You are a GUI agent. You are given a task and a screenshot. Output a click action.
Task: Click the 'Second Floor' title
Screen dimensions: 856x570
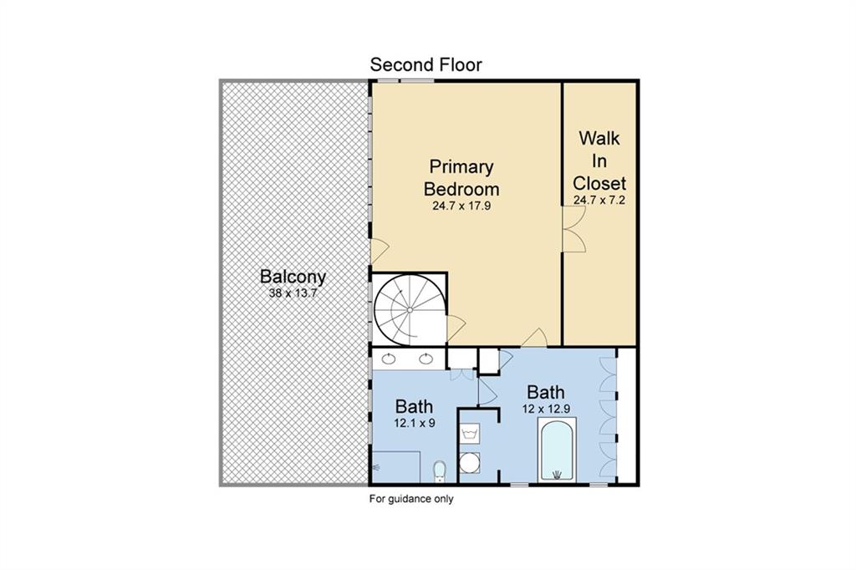point(425,65)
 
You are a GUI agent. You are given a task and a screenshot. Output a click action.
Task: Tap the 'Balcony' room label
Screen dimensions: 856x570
point(293,277)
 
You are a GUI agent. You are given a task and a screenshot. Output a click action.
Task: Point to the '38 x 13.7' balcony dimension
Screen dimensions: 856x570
point(293,293)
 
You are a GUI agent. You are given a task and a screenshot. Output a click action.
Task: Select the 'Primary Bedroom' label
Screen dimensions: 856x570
point(461,177)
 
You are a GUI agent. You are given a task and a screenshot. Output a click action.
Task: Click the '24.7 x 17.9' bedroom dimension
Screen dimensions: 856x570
point(461,206)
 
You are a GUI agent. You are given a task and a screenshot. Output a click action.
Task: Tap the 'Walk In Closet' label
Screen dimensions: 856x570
point(599,160)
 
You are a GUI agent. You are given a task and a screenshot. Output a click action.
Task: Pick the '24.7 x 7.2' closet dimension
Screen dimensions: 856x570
point(599,200)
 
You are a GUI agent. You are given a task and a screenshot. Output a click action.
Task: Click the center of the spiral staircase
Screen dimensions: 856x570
point(410,310)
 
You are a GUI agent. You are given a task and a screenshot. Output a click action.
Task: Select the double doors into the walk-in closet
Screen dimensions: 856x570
point(573,229)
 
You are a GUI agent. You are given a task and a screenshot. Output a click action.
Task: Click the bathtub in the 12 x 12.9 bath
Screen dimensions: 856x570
point(557,450)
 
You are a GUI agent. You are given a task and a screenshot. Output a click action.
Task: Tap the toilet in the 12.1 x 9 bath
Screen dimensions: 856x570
point(440,472)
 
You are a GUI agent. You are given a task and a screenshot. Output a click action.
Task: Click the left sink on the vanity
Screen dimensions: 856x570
point(388,359)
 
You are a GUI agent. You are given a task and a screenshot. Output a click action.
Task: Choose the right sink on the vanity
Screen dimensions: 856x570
point(425,359)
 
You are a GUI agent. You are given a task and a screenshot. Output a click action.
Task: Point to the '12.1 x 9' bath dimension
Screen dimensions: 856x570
point(415,423)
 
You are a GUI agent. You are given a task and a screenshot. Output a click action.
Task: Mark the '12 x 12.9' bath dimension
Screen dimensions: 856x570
point(547,409)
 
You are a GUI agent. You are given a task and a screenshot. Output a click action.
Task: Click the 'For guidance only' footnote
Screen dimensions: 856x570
point(411,498)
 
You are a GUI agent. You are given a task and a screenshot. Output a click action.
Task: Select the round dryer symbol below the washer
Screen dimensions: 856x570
point(469,462)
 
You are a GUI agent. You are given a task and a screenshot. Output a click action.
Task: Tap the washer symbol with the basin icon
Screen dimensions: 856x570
point(470,434)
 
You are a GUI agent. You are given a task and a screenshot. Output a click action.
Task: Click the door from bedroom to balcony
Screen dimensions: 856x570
point(379,251)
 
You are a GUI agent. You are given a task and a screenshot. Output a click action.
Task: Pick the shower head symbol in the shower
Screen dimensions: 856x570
point(376,467)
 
